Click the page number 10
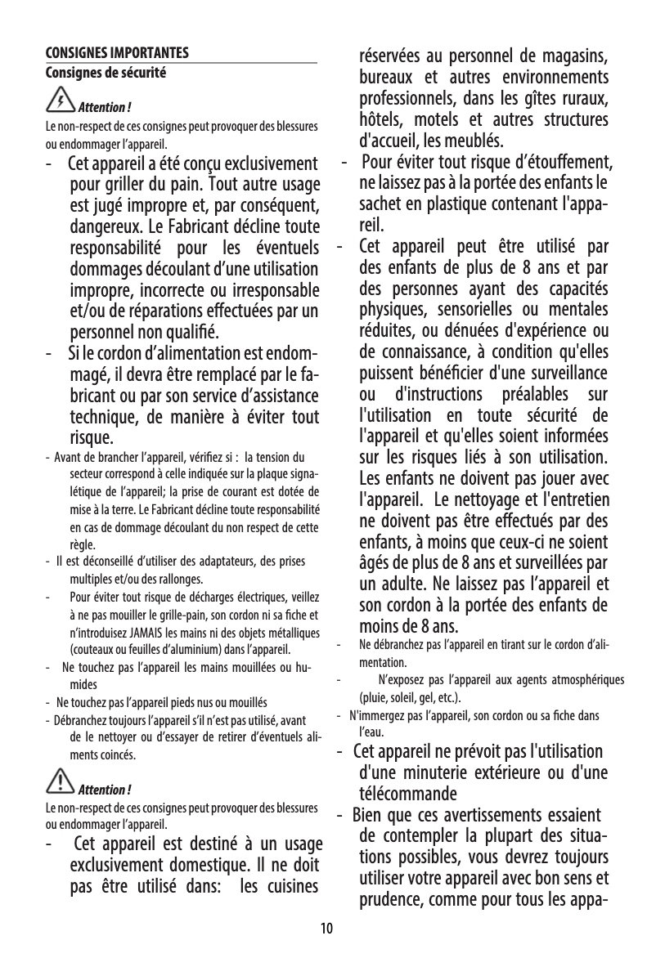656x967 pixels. tap(327, 929)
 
